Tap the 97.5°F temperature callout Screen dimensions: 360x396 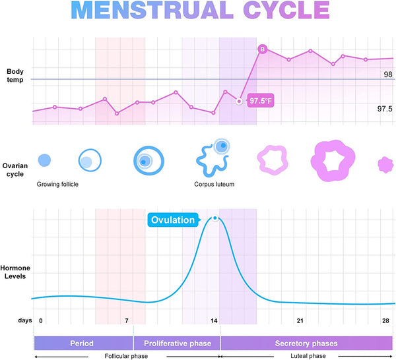pos(260,101)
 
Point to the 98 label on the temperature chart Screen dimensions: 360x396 pos(388,75)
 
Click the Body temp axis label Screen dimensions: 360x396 pos(15,75)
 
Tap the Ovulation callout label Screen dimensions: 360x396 pos(173,220)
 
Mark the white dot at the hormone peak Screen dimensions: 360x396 pos(214,218)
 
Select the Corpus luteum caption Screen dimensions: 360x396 pos(214,185)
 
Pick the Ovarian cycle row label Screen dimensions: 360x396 pos(15,169)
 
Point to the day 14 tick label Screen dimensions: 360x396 pos(214,320)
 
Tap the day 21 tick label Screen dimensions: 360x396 pos(300,320)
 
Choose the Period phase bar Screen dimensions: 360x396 pos(82,344)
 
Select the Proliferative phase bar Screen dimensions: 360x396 pos(177,344)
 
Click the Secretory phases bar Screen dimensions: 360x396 pos(308,344)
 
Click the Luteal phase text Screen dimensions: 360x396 pos(308,356)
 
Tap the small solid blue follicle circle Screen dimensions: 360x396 pos(44,160)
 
